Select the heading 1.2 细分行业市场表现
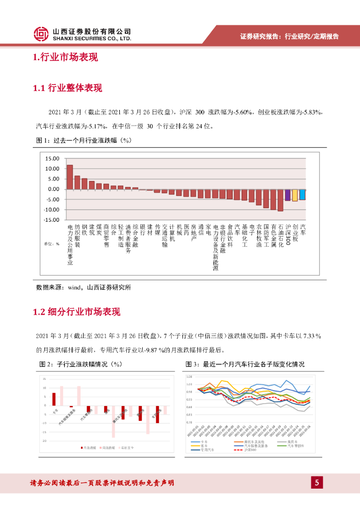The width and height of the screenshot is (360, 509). [x=76, y=312]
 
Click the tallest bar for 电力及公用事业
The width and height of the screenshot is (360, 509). [x=70, y=177]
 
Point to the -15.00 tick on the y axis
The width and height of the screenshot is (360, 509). [x=51, y=220]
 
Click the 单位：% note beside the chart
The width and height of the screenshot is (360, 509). [x=51, y=244]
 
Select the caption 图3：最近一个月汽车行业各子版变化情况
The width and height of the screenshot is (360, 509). [x=245, y=364]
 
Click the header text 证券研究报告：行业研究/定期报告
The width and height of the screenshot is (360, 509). [x=289, y=36]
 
